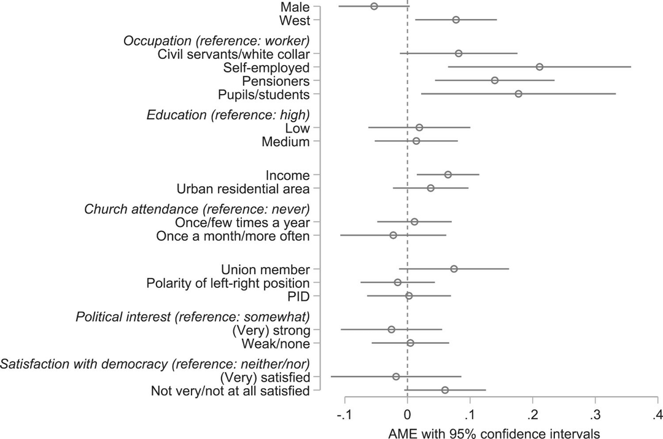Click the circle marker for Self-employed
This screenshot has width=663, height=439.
pos(539,67)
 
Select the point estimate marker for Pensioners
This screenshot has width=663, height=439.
pos(495,80)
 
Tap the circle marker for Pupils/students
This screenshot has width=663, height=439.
pos(518,94)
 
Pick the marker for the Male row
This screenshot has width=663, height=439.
pos(374,6)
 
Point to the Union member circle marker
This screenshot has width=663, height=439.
pos(454,269)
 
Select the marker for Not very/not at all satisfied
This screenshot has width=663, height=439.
pos(445,390)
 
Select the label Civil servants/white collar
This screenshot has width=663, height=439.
pos(233,54)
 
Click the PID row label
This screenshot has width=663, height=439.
pos(298,297)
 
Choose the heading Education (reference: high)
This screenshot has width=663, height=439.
pos(228,114)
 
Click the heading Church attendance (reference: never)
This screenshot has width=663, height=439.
pos(196,208)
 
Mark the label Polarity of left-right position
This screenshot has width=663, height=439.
pos(228,283)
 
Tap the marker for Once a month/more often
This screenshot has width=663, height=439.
pos(393,235)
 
